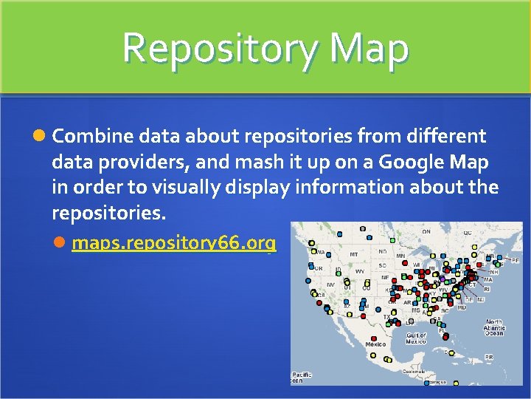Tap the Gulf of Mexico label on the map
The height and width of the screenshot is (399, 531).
tap(416, 338)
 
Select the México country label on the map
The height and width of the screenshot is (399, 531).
tap(375, 344)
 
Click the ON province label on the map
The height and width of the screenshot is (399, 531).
tap(426, 231)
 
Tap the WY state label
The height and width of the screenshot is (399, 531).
tap(360, 271)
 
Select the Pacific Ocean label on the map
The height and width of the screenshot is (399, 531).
tap(302, 377)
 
